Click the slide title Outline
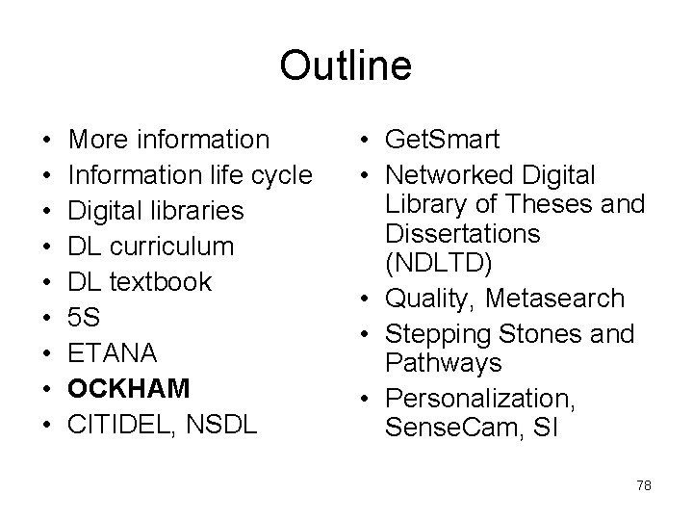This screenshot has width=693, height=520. [x=346, y=65]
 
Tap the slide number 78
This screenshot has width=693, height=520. [x=644, y=485]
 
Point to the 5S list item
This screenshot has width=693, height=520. [x=86, y=317]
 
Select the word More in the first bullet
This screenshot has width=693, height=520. [x=103, y=140]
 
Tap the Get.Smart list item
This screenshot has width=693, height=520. [x=441, y=140]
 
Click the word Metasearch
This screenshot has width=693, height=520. [x=554, y=299]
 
